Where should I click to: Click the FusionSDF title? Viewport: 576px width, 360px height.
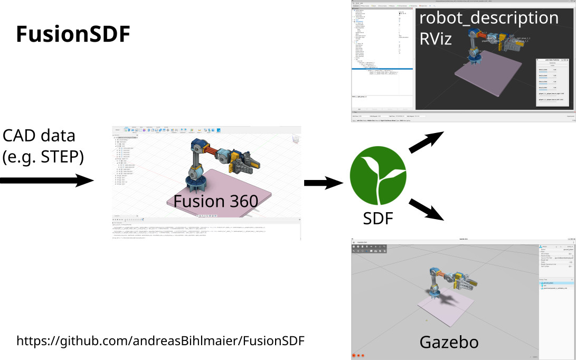pos(73,35)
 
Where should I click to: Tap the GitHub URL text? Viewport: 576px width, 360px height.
pos(160,340)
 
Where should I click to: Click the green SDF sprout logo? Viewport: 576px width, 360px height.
pos(378,177)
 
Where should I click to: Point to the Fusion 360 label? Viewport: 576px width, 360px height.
pos(216,201)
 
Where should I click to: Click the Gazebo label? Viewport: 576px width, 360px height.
pos(449,342)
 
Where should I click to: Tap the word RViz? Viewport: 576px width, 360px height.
pos(436,38)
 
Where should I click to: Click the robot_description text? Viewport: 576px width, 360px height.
pos(488,17)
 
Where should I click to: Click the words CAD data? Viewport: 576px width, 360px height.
pos(39,136)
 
